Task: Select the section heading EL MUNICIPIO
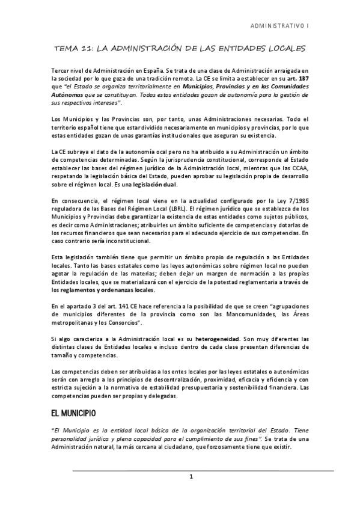coord(78,414)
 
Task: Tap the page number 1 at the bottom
coord(191,478)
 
